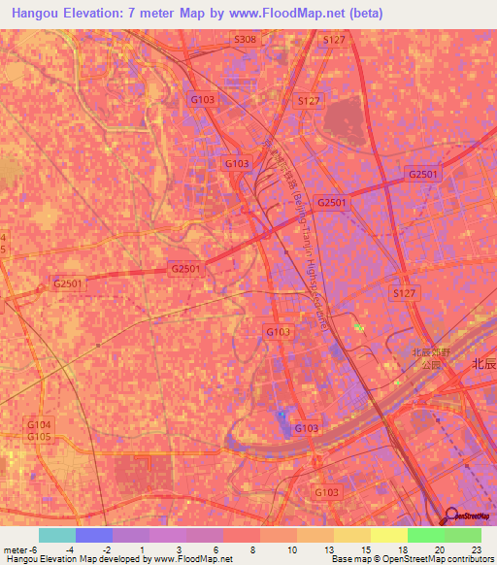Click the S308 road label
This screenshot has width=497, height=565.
pyautogui.click(x=246, y=40)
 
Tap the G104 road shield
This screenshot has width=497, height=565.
pyautogui.click(x=38, y=425)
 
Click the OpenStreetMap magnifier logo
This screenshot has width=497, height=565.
pyautogui.click(x=453, y=515)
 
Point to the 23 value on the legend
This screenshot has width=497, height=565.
pyautogui.click(x=475, y=549)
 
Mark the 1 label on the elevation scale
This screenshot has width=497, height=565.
pyautogui.click(x=142, y=549)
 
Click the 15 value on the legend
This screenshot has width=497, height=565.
pyautogui.click(x=339, y=549)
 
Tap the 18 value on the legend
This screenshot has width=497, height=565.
pyautogui.click(x=376, y=549)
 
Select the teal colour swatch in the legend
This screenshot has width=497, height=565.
pyautogui.click(x=57, y=535)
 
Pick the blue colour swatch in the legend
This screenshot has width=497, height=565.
pyautogui.click(x=94, y=535)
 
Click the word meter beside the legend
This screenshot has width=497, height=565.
pyautogui.click(x=14, y=549)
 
